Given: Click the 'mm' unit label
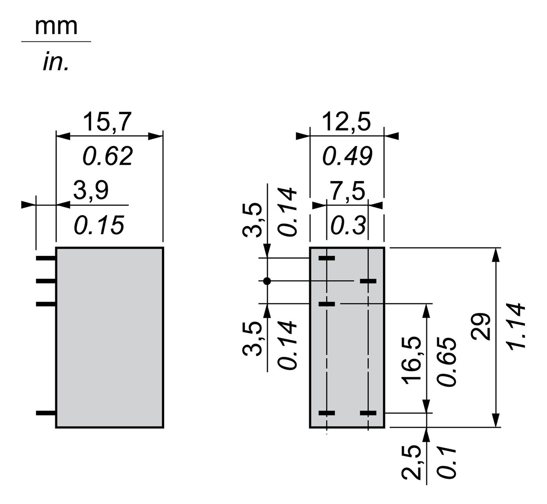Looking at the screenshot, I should point(56,26).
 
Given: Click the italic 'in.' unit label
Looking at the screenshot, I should point(56,62).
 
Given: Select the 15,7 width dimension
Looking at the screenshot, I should point(107,122).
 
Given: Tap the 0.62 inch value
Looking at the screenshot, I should point(108,156).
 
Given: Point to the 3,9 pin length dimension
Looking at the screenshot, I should point(91,191).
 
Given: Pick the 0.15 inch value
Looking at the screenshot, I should point(99,225).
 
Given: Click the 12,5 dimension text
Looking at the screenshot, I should point(347,122).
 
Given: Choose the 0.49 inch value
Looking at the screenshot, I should point(347,156).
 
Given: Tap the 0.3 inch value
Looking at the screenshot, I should point(348,225).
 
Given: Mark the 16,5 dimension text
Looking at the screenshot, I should point(411,360).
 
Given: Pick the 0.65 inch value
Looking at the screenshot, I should point(446,361).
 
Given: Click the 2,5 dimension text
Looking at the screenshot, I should point(411,462).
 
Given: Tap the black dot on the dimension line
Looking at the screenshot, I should point(267,281).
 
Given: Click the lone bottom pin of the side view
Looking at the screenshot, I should point(46,413).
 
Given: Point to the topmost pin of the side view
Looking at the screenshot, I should point(46,258).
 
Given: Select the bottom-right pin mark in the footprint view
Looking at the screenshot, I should point(368,413).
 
